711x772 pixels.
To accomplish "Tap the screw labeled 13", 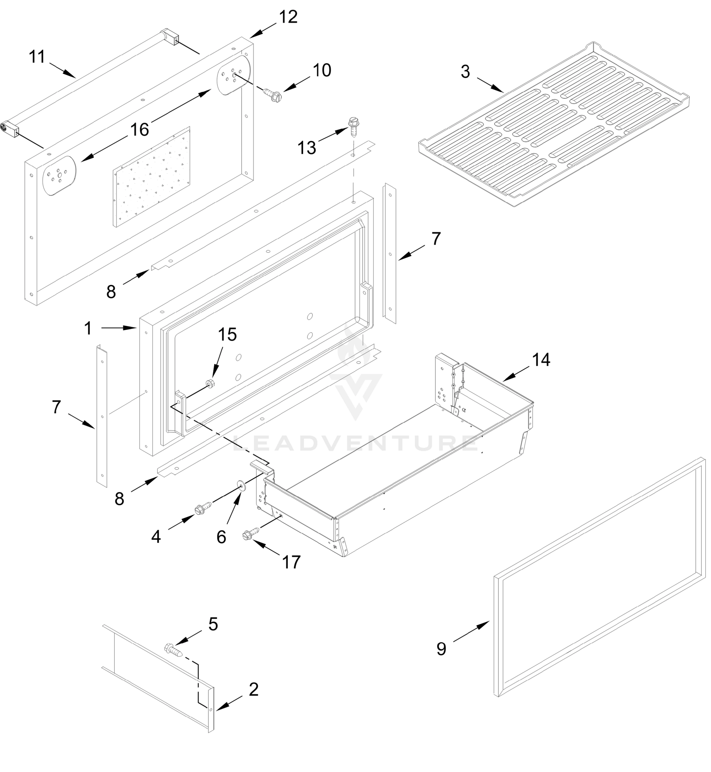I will tap(353, 126).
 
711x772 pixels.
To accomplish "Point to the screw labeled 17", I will tap(251, 533).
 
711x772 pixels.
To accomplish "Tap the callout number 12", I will tap(288, 17).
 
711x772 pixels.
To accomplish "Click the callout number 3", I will tap(465, 72).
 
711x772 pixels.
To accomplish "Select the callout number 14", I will tap(541, 360).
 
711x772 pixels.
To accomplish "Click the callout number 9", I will tap(441, 649).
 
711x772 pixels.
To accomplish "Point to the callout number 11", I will tap(37, 57).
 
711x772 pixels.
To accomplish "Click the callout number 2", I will tap(253, 690).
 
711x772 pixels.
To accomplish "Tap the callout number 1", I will tap(88, 328).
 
